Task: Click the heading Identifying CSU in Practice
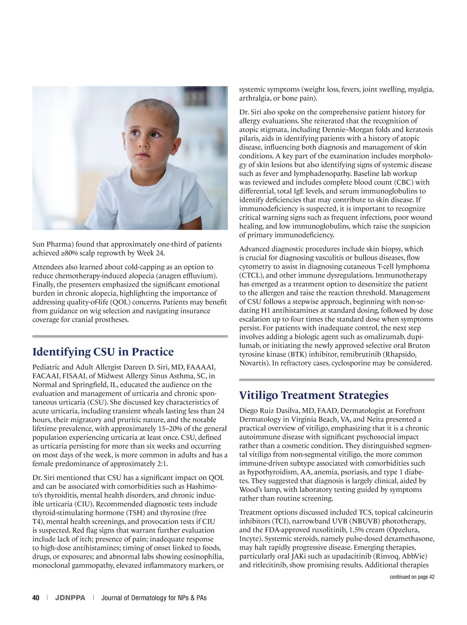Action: pyautogui.click(x=103, y=352)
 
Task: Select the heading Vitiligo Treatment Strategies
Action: pyautogui.click(x=314, y=395)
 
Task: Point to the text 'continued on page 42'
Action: pyautogui.click(x=412, y=577)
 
